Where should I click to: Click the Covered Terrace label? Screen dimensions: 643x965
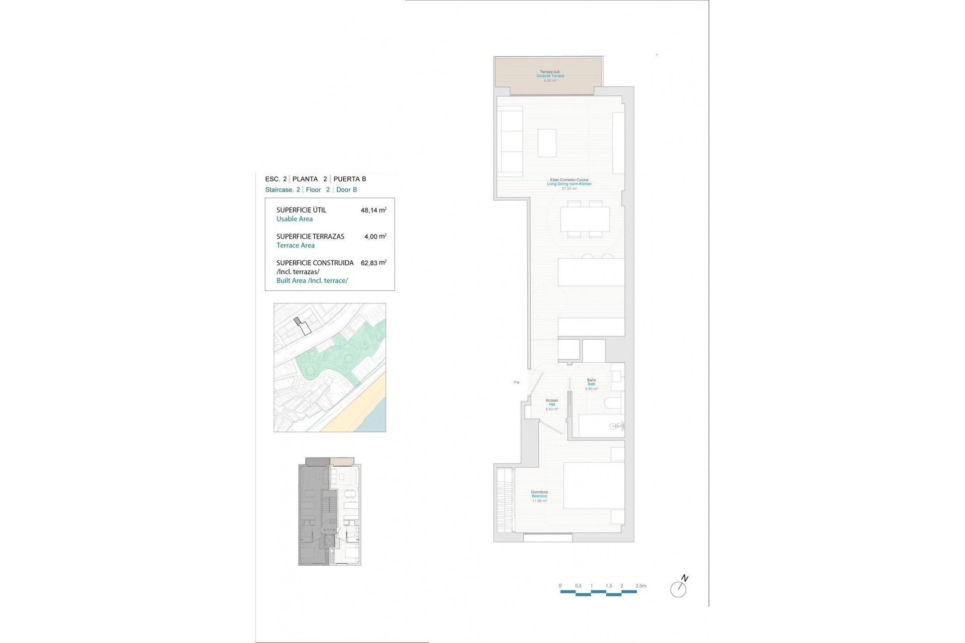tap(550, 76)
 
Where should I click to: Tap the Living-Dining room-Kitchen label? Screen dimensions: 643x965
tap(569, 184)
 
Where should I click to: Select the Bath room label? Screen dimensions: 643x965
tap(591, 384)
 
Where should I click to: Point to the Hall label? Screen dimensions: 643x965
tap(552, 404)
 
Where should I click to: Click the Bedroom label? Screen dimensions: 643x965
tap(539, 496)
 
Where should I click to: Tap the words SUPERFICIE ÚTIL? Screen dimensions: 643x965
tap(301, 210)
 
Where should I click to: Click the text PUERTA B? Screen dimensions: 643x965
tap(350, 179)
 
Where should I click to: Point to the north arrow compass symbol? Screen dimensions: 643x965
tap(679, 588)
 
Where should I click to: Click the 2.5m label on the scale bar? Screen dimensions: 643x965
tap(641, 586)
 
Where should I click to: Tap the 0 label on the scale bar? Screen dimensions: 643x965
tap(560, 586)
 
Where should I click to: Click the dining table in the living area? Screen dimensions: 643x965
tap(585, 219)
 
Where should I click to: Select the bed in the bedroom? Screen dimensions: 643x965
tap(594, 485)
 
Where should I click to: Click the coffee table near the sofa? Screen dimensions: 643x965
tap(547, 143)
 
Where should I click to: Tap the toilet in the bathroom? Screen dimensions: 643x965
tap(613, 403)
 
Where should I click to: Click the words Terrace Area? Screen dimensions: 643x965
tap(296, 246)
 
